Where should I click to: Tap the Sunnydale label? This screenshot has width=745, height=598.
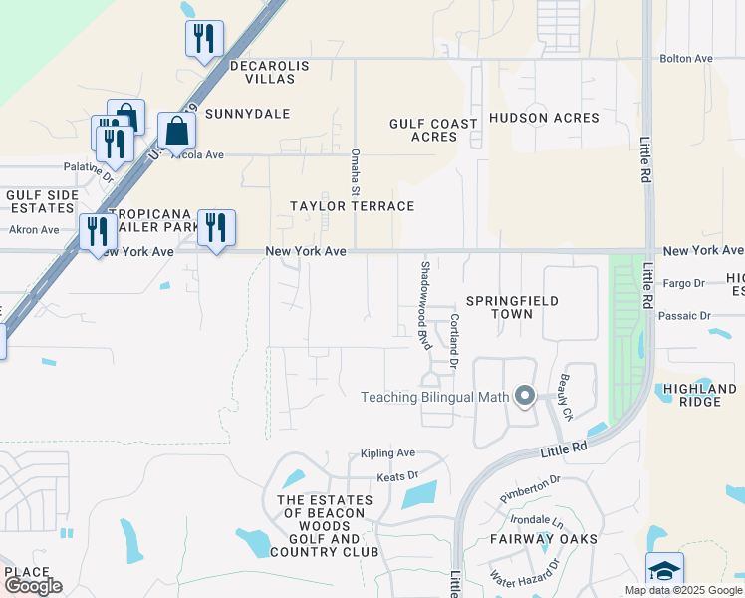click(x=247, y=114)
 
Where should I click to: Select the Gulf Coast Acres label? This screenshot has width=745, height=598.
click(x=433, y=130)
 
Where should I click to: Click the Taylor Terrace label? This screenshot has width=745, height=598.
click(x=352, y=206)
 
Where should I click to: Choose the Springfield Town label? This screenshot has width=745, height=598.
click(x=511, y=307)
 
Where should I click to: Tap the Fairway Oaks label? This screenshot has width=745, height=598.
click(x=543, y=539)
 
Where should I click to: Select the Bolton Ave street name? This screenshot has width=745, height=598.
click(x=687, y=59)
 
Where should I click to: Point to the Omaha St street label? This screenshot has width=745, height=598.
click(x=356, y=171)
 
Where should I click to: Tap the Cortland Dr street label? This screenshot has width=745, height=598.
click(x=453, y=341)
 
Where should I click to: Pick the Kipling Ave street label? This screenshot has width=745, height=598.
click(x=387, y=452)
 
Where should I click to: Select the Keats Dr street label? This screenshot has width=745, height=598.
click(x=397, y=476)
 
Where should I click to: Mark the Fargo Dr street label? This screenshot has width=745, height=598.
click(x=683, y=283)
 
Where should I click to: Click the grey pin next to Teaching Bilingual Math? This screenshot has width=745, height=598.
click(x=525, y=397)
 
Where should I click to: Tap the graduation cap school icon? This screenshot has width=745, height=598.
click(x=664, y=570)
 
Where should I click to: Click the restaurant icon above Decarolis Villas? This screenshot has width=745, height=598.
click(x=204, y=39)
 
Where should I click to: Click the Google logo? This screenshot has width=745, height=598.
click(x=33, y=586)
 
